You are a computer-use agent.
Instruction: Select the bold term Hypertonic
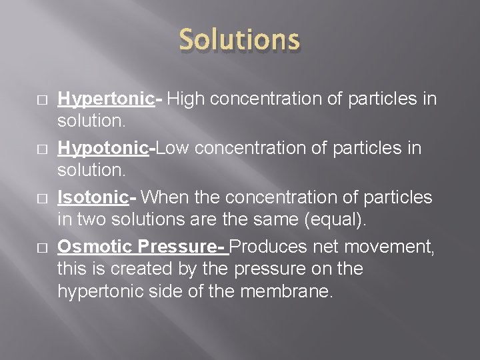(106, 100)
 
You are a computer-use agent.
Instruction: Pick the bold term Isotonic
(93, 198)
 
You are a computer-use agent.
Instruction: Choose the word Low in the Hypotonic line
(175, 148)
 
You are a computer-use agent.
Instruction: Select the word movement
(397, 247)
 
